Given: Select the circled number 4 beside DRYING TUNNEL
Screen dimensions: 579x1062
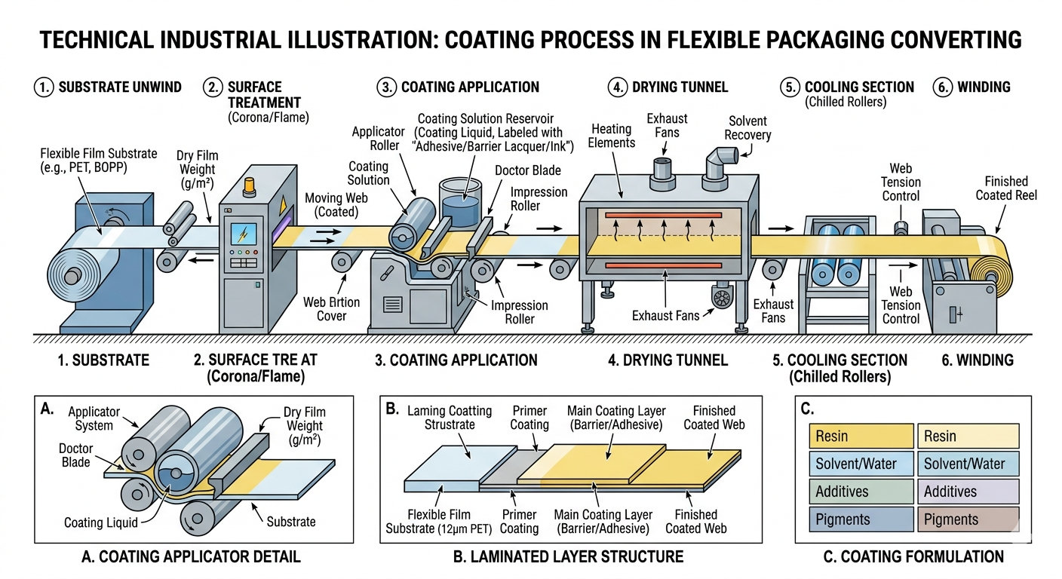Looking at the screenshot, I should coord(618,87).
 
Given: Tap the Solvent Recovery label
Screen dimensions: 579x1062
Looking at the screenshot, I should coord(747,128).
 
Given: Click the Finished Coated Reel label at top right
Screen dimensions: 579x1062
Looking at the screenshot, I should coord(1006,188).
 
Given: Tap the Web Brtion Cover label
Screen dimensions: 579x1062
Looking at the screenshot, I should coord(331,309).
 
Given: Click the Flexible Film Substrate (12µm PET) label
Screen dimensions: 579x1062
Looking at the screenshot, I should coord(440,521).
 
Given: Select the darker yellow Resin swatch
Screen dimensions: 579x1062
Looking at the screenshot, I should coord(860,436).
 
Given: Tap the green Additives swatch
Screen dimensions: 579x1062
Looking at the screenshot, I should coord(860,491).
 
